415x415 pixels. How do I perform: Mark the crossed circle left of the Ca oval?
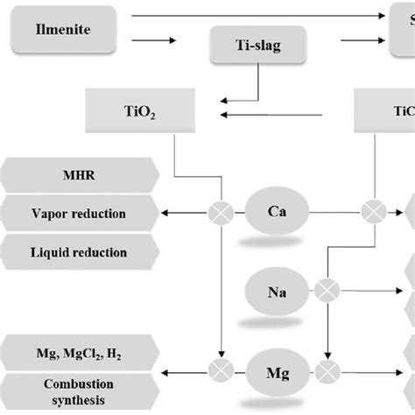coord(223,213)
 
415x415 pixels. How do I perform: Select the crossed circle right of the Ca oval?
coord(374,213)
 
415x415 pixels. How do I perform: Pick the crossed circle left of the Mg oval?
coord(223,367)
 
